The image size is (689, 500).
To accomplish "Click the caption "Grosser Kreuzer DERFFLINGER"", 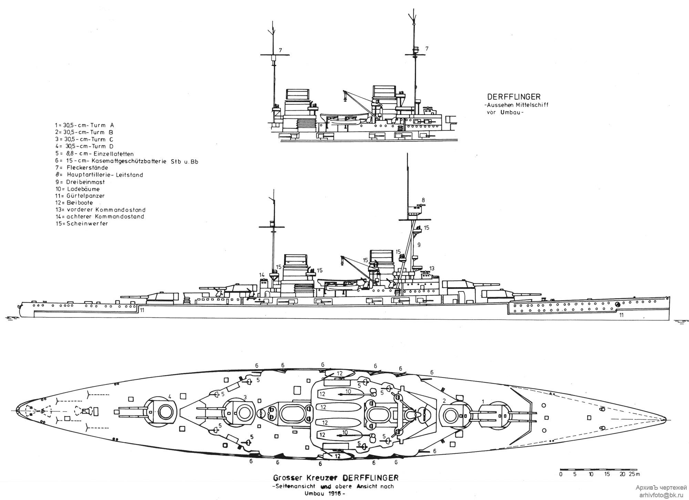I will [x=336, y=478].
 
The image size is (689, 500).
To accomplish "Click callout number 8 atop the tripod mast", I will [x=423, y=200].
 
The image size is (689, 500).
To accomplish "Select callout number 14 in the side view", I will [x=262, y=274].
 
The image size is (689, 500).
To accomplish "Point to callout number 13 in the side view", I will [x=432, y=268].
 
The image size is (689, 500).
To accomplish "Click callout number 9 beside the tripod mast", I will [x=419, y=245].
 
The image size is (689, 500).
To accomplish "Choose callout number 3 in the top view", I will [x=245, y=397].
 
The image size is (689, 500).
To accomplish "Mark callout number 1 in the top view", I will [x=483, y=402].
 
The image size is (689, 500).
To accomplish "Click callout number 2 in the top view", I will [x=444, y=401].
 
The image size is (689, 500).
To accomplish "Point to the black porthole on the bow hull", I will [x=617, y=304].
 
